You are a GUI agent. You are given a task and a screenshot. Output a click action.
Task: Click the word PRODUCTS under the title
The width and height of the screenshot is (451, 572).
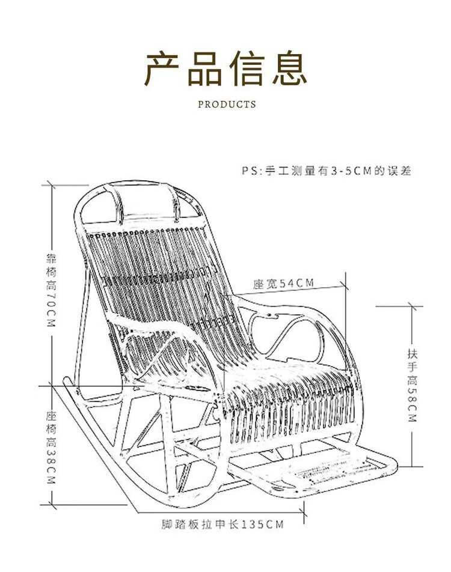[227, 105]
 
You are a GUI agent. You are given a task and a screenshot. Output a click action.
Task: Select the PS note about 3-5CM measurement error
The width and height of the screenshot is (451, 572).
[327, 171]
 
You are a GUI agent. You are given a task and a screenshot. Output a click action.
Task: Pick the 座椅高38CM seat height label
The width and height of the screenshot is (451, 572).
[51, 448]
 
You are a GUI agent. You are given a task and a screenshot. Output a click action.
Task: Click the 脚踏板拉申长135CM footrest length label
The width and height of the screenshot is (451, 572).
[222, 524]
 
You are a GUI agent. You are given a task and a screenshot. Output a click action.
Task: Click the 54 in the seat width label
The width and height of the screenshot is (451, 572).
[287, 283]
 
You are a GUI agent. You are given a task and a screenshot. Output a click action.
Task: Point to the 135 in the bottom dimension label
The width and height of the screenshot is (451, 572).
[252, 524]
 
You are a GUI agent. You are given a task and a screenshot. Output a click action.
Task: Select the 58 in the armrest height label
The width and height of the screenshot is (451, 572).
[412, 396]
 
